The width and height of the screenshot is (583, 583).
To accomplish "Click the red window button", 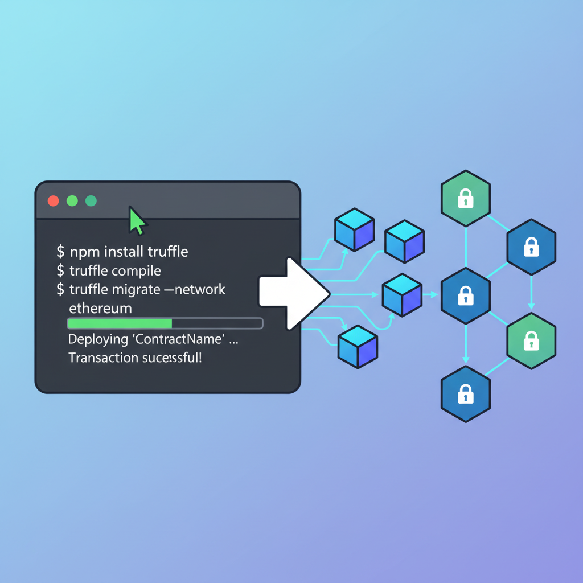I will (53, 200).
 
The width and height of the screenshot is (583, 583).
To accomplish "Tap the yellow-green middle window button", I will (72, 200).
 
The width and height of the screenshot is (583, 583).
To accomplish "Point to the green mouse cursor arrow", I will (137, 221).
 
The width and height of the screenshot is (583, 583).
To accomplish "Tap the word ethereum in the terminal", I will (100, 308).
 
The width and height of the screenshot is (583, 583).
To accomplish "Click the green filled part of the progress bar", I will (120, 323).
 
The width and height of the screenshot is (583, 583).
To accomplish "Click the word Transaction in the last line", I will (102, 358).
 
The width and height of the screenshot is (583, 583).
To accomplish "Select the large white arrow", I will (293, 294).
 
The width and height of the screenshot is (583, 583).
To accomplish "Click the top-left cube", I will (354, 229).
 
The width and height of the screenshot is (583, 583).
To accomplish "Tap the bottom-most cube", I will (358, 346).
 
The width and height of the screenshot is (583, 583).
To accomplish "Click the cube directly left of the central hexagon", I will (401, 294).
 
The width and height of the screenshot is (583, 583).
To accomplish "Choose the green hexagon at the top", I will (466, 198).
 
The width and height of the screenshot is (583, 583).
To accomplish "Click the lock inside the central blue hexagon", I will (466, 296).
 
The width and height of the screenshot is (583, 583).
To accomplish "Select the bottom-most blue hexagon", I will (466, 393).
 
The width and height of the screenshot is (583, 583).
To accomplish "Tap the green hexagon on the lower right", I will (531, 342).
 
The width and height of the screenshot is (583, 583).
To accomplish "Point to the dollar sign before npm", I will (60, 251).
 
